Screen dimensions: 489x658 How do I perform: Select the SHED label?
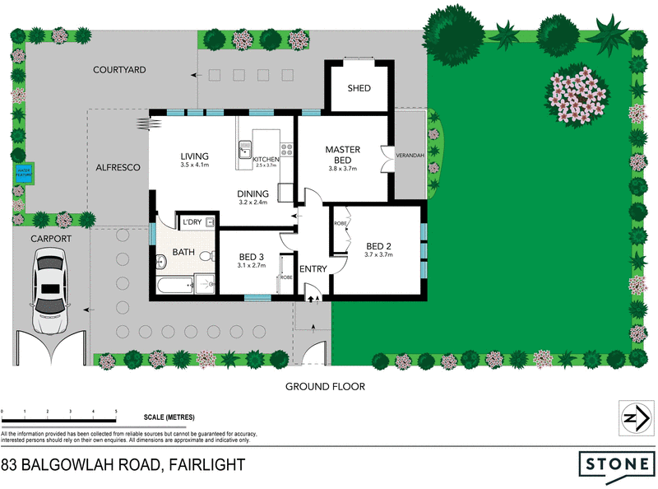click(x=359, y=88)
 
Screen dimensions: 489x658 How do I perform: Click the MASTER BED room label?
click(x=342, y=154)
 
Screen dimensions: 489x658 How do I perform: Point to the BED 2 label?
click(x=378, y=245)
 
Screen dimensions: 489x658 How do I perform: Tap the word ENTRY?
click(x=313, y=269)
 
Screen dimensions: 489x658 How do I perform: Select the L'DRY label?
click(x=192, y=222)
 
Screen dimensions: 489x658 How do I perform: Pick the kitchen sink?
click(x=244, y=149)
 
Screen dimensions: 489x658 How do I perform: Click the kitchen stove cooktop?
click(x=287, y=149)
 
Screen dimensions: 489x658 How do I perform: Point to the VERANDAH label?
click(x=410, y=154)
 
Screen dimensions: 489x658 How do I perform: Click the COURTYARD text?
click(x=119, y=71)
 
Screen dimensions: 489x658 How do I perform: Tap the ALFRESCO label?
click(x=119, y=167)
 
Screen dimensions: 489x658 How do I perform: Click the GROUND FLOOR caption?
click(x=325, y=386)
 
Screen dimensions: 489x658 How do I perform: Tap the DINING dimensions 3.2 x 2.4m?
click(x=254, y=203)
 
